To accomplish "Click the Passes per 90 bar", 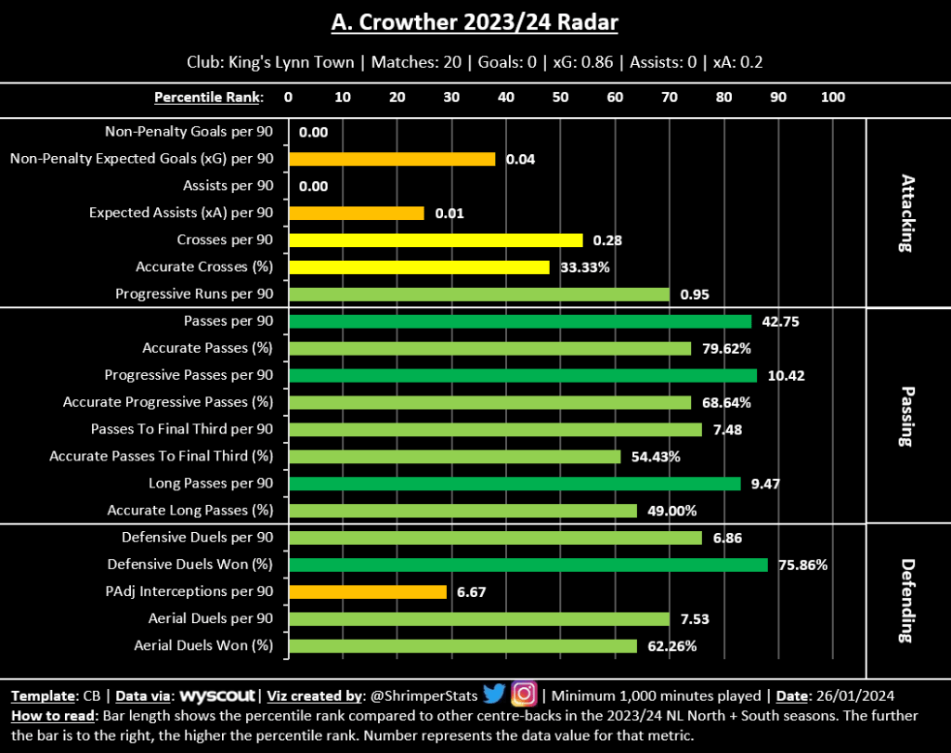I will click(520, 321).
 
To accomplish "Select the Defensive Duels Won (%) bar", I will click(528, 565).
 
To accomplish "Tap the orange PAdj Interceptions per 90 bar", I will click(368, 591).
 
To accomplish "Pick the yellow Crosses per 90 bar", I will click(436, 240).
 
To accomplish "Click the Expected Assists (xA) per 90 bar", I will click(357, 213).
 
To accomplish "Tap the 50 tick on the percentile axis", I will click(560, 97).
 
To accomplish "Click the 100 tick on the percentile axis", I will click(833, 97).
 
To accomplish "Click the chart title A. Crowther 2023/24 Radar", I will click(475, 22).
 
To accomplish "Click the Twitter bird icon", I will click(494, 694).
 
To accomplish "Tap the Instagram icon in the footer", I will click(524, 694).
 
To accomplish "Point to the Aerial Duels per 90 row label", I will click(197, 618).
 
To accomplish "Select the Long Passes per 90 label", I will click(211, 484).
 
